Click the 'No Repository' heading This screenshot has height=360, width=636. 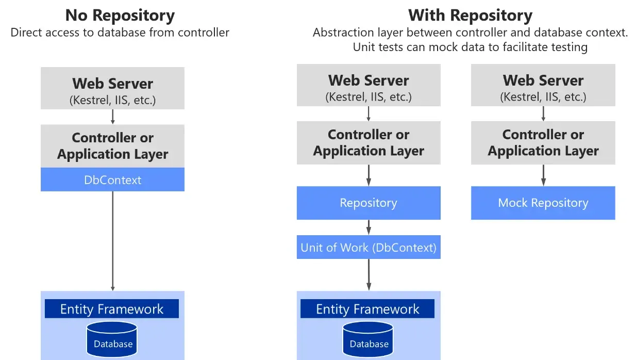pyautogui.click(x=120, y=15)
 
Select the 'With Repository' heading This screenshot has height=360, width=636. pyautogui.click(x=470, y=15)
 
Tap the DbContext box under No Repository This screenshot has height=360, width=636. pyautogui.click(x=112, y=179)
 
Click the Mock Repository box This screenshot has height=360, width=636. pyautogui.click(x=543, y=203)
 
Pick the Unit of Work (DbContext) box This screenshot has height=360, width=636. pyautogui.click(x=369, y=247)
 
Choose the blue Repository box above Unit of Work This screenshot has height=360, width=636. pyautogui.click(x=369, y=203)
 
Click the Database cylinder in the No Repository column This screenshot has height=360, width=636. pyautogui.click(x=112, y=339)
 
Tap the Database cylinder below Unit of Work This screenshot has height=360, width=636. pyautogui.click(x=369, y=339)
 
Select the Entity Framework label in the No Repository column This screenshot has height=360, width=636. pyautogui.click(x=112, y=309)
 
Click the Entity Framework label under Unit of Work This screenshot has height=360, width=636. pyautogui.click(x=367, y=309)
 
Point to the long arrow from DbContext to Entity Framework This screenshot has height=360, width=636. pyautogui.click(x=112, y=240)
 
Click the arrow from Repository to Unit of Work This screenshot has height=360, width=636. pyautogui.click(x=369, y=227)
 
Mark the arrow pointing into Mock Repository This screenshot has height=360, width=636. pyautogui.click(x=543, y=175)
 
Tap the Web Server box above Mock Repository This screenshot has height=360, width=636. pyautogui.click(x=543, y=85)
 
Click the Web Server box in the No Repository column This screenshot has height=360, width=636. pyautogui.click(x=112, y=88)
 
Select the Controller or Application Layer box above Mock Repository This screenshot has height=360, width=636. pyautogui.click(x=543, y=143)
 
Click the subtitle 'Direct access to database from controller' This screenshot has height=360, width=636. pyautogui.click(x=120, y=32)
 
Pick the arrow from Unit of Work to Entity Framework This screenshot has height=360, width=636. pyautogui.click(x=369, y=274)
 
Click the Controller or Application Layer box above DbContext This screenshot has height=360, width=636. pyautogui.click(x=112, y=146)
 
